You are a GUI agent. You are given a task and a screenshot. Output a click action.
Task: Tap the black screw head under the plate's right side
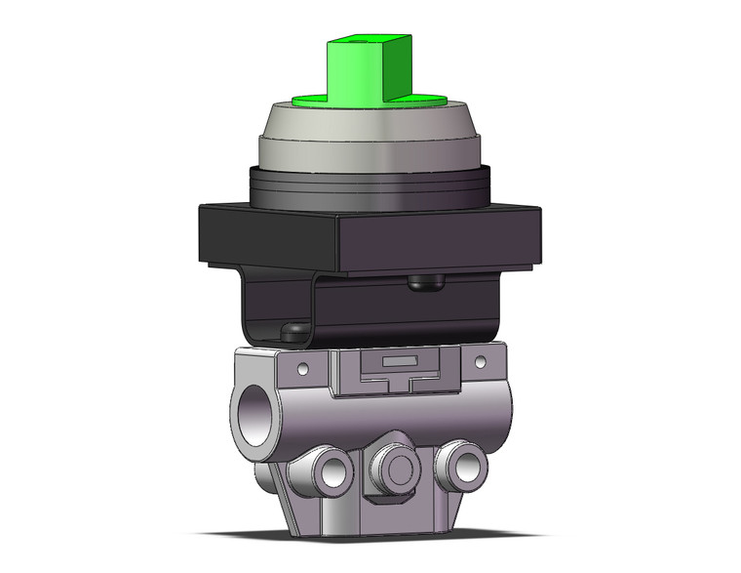point(426,282)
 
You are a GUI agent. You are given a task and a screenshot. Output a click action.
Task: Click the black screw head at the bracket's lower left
point(291,332)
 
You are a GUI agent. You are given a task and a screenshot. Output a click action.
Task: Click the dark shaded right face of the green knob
point(399,68)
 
